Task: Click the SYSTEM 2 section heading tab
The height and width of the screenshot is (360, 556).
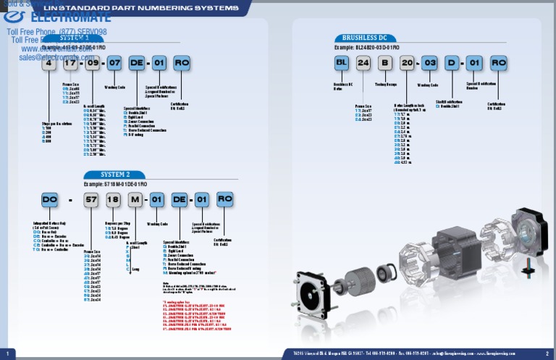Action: pos(114,175)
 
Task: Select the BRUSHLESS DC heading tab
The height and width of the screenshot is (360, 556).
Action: pos(365,38)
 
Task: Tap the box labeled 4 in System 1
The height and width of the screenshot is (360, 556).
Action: pos(49,63)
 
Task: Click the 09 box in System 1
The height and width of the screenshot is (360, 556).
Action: pos(93,63)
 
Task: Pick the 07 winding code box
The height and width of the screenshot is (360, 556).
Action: pos(114,63)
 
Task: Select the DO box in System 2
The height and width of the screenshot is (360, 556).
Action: pos(49,199)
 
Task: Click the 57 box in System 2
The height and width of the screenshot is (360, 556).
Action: pos(92,199)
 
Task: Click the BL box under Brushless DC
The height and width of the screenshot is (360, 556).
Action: pos(341,63)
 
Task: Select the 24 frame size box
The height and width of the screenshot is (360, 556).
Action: pos(363,63)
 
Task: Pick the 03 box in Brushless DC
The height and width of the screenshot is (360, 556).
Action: pos(429,63)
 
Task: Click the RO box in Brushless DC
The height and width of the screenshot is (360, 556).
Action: pos(498,63)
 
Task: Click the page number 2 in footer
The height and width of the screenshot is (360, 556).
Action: pos(547,353)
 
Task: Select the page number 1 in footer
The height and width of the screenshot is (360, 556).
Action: pos(7,353)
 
